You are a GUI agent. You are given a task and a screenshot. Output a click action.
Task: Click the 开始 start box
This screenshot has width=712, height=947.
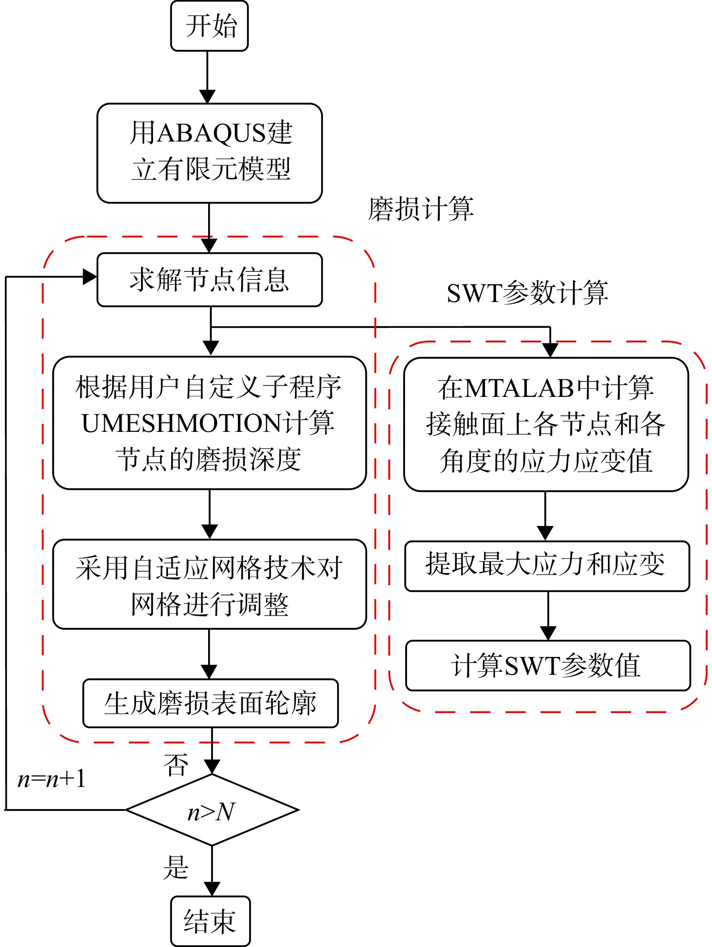tap(209, 26)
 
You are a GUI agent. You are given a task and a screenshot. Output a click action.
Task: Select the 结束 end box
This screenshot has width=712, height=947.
tap(211, 921)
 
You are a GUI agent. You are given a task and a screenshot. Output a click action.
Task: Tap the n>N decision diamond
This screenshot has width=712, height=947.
tap(212, 810)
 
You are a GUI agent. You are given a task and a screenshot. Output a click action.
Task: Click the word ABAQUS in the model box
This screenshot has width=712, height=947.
tap(212, 133)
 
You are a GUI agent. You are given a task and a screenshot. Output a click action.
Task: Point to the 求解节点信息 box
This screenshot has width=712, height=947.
tap(210, 279)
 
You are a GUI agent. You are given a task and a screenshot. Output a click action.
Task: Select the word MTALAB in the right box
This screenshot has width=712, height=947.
tap(519, 388)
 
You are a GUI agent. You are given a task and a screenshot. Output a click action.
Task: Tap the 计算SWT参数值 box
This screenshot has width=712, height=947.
tap(548, 665)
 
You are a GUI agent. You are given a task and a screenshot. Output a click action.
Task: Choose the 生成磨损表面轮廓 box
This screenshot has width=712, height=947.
tap(211, 703)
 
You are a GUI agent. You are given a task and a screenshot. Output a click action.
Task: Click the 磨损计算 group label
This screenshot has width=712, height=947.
tap(421, 209)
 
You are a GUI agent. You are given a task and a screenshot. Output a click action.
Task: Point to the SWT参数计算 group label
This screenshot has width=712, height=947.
tap(527, 293)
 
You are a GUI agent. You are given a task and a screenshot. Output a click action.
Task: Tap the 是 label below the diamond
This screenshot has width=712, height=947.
tap(176, 867)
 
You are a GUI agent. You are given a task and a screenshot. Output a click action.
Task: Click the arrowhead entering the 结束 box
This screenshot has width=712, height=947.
tap(212, 889)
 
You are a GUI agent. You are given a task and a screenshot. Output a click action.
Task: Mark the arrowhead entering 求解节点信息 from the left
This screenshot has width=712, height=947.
tap(90, 277)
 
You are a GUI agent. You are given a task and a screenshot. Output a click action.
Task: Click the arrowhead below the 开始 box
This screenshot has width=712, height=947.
tap(207, 97)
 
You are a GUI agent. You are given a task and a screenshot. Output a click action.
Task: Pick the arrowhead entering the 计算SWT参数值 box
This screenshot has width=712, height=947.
tap(548, 633)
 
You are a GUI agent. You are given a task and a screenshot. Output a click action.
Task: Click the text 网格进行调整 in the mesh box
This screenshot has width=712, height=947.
tap(210, 604)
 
